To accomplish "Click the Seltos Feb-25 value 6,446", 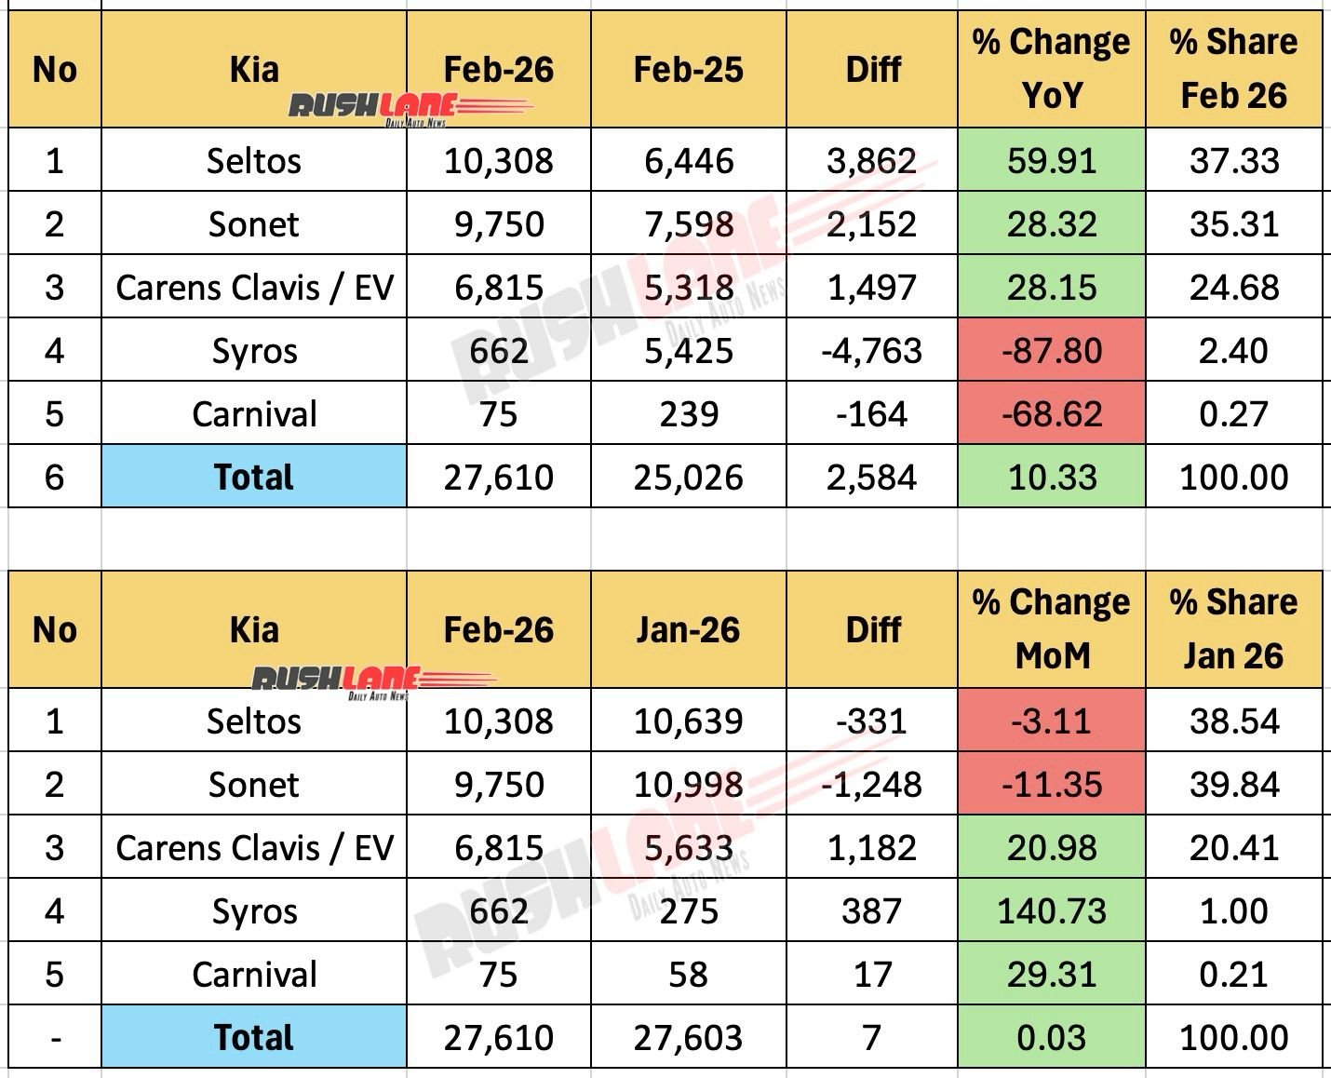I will (x=688, y=161).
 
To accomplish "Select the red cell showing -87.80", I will (x=1051, y=351).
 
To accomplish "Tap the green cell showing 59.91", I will (x=1051, y=161).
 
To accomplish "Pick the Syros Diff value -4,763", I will (x=872, y=351).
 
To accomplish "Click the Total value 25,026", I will (x=688, y=478).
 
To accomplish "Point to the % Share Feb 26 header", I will (x=1233, y=69).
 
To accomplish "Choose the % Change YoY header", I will (x=1051, y=69).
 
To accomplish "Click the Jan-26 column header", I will (x=688, y=630).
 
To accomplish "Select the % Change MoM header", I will (x=1051, y=630).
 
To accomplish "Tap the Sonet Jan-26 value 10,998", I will (x=688, y=785).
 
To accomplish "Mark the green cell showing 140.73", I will (x=1051, y=911).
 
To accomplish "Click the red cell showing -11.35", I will (x=1051, y=785).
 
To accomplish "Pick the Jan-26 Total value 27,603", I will (x=688, y=1038).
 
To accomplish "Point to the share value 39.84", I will (x=1233, y=785).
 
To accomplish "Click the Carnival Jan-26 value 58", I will (x=688, y=975).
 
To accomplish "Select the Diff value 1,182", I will (x=872, y=848).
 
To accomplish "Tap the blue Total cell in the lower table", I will (x=253, y=1038).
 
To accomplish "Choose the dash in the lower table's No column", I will (x=55, y=1038).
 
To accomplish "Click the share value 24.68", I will (x=1233, y=288).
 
